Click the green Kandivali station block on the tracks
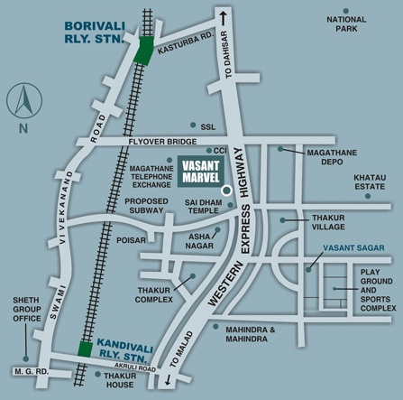(85, 349)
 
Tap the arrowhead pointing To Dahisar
(221, 15)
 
